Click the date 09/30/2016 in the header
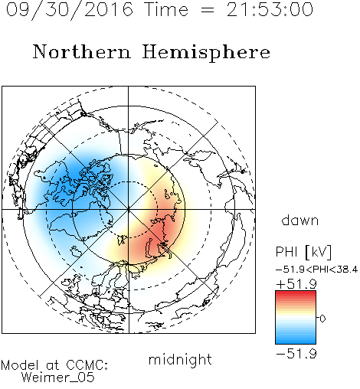coord(70,10)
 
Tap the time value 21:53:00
coord(270,9)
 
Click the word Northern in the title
coord(82,51)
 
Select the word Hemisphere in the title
coord(206,52)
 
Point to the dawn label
coord(300,220)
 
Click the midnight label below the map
coord(180,360)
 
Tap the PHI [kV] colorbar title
coord(303,252)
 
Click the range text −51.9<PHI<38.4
coord(317,270)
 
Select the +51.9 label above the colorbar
coord(296,284)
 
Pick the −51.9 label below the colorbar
coord(296,354)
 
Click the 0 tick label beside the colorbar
coord(322,319)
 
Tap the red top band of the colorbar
coord(296,294)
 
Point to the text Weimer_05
coord(58,378)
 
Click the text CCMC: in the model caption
coord(87,365)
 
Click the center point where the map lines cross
coord(129,210)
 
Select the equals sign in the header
coord(207,11)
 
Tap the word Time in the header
coord(166,9)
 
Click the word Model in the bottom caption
coord(20,365)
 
